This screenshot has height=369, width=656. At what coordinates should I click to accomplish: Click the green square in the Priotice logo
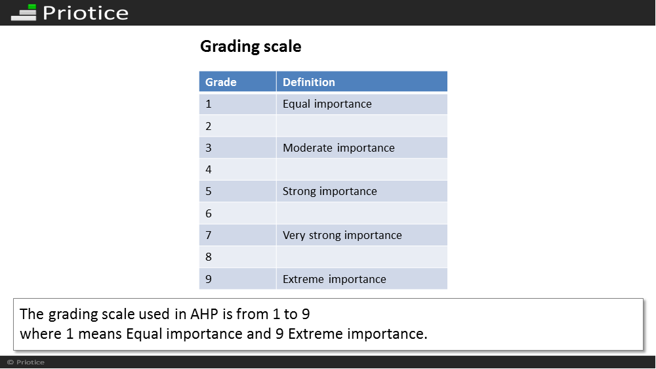(31, 7)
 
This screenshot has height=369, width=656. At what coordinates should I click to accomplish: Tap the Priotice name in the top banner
(85, 13)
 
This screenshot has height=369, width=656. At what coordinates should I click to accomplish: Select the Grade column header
(237, 81)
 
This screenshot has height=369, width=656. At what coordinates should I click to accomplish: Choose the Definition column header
(362, 81)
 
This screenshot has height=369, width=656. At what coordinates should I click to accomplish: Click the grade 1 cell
(237, 104)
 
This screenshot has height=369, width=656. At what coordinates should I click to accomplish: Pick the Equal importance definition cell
(362, 104)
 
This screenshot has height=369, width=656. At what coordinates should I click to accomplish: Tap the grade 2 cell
(237, 125)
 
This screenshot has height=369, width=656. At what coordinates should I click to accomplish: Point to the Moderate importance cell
(362, 148)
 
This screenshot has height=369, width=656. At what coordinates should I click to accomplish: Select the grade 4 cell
(237, 169)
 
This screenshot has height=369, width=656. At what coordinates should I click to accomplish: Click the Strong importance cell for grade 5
(362, 191)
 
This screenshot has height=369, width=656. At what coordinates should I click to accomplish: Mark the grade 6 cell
(237, 213)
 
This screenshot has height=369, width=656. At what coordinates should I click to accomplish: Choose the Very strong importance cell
(362, 235)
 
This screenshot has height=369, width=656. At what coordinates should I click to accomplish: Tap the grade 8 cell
(237, 257)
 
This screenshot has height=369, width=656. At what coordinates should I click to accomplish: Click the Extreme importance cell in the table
(362, 278)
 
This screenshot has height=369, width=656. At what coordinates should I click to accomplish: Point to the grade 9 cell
(237, 278)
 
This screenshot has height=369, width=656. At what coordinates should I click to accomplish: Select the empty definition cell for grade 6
(362, 213)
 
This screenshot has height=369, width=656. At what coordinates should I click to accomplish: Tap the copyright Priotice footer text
(26, 362)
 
